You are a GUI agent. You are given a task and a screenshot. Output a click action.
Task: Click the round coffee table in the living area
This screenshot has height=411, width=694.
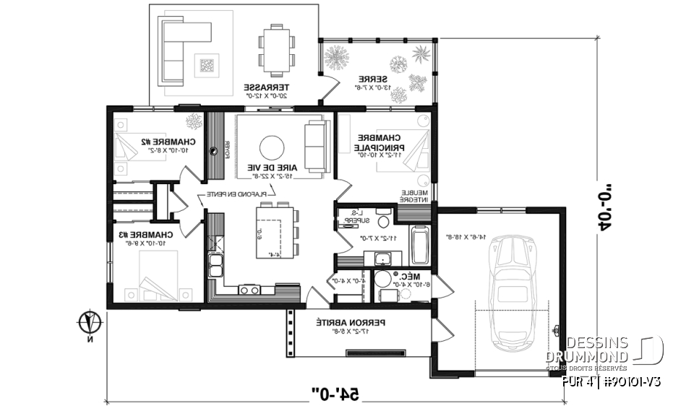point(273,147)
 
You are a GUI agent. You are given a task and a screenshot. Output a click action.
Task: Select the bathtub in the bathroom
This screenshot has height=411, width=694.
point(419,246)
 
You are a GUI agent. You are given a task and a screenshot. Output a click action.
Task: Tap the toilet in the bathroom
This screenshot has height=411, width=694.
point(385,215)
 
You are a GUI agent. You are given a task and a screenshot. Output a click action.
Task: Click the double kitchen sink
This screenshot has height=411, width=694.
point(215,265)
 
